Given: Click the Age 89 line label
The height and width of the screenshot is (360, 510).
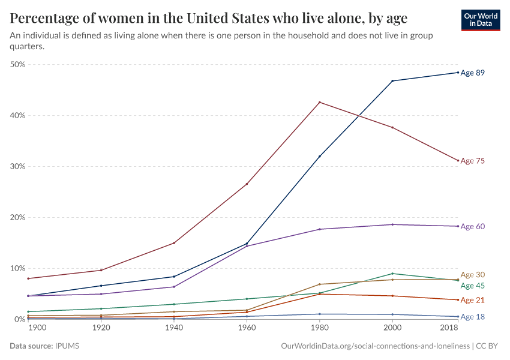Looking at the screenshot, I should click(x=472, y=73).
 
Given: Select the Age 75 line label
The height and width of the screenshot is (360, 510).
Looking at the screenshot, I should click(x=472, y=161).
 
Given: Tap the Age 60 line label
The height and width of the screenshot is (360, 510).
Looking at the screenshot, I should click(x=472, y=226).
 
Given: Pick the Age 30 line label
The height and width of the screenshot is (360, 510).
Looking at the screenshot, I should click(x=472, y=274).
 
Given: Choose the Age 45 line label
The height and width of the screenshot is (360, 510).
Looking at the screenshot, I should click(x=472, y=286).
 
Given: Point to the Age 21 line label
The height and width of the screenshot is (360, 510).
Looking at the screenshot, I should click(x=472, y=300).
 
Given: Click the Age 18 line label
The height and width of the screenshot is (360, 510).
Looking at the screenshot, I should click(x=472, y=316).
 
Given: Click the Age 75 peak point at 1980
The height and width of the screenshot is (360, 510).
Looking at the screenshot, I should click(x=320, y=102).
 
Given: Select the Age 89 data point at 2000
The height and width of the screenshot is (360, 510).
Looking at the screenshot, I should click(x=392, y=81).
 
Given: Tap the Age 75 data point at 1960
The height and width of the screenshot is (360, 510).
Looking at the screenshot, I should click(x=247, y=184).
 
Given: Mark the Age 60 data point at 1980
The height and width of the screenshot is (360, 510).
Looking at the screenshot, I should click(x=320, y=229).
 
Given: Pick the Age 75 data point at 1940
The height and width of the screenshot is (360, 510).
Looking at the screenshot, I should click(x=174, y=243).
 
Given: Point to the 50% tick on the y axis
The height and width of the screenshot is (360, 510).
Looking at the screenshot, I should click(x=17, y=64).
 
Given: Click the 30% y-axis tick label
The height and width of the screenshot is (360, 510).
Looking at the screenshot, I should click(x=17, y=166).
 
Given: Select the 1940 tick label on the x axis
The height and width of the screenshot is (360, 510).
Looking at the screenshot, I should click(x=174, y=329).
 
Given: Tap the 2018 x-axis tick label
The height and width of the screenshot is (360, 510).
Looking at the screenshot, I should click(x=449, y=329).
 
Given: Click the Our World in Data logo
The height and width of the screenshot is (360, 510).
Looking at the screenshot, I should click(x=482, y=20).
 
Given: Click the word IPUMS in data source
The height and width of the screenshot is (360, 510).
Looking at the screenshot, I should click(x=67, y=346).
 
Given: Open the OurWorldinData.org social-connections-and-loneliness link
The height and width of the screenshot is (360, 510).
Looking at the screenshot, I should click(x=375, y=346).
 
